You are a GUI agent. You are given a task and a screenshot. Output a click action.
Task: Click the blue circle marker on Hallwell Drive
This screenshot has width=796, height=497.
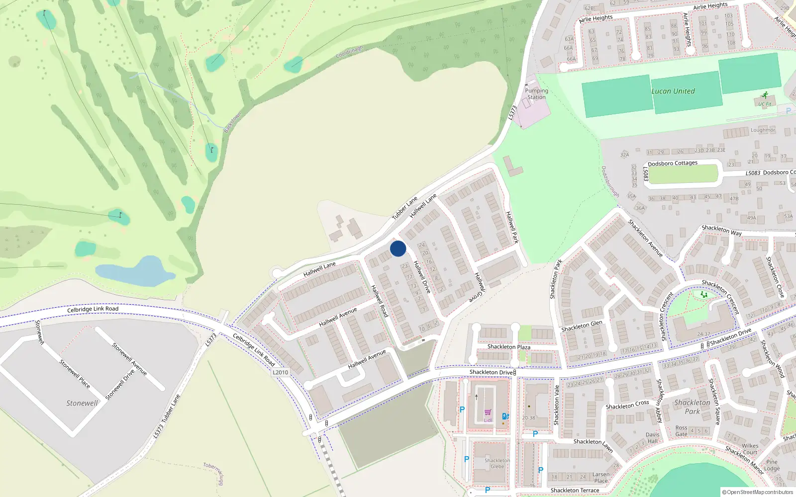click(x=398, y=248)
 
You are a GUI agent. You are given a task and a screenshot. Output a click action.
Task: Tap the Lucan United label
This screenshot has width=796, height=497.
click(x=673, y=91)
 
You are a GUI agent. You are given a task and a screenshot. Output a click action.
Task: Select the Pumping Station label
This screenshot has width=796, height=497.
click(x=536, y=94)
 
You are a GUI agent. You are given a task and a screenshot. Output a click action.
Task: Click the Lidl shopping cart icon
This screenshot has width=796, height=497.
click(x=488, y=413)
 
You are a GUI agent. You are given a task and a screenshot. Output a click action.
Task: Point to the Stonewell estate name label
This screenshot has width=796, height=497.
click(x=83, y=403)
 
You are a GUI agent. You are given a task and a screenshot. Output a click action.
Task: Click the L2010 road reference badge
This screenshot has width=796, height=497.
click(x=280, y=372)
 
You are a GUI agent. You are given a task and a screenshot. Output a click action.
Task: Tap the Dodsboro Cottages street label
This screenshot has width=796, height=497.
click(x=673, y=164)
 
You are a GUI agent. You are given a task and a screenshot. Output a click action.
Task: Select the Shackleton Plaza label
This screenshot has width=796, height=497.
click(x=508, y=347)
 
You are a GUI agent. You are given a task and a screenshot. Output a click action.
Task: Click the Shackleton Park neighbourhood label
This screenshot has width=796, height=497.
click(x=692, y=407)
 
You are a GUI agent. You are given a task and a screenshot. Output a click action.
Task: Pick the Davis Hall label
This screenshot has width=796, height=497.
click(x=652, y=438)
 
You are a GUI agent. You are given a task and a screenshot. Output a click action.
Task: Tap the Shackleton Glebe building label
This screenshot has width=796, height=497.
click(x=497, y=463)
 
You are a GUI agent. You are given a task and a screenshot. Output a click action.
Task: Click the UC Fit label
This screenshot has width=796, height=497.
click(x=765, y=104)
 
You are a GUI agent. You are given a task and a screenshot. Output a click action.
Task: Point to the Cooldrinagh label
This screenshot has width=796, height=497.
click(x=349, y=52)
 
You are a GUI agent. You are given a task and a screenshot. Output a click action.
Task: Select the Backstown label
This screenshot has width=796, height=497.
click(x=232, y=122)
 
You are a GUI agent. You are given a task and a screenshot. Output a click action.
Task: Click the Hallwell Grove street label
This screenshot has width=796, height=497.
click(x=479, y=287)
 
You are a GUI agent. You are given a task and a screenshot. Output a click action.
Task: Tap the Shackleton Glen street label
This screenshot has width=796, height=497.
click(x=582, y=326)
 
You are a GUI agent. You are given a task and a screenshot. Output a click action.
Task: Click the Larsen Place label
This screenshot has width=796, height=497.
click(x=601, y=478)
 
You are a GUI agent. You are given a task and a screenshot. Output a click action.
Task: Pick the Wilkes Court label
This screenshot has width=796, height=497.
click(x=750, y=449)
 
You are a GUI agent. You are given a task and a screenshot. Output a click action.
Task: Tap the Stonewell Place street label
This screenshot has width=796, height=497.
click(x=75, y=374)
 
